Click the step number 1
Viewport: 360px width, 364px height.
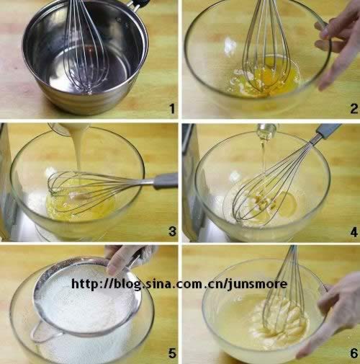tap(172, 109)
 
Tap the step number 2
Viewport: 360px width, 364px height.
tap(354, 109)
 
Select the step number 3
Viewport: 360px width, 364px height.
tap(172, 231)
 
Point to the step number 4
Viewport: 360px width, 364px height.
tap(354, 232)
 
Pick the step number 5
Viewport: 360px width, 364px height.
tap(172, 353)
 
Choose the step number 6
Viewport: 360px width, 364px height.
tap(354, 353)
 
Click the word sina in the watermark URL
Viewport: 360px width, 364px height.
tap(158, 284)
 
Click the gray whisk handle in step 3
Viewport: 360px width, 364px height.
tap(166, 180)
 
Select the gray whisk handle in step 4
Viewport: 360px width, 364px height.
tap(328, 131)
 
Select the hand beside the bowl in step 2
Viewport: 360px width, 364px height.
tap(339, 42)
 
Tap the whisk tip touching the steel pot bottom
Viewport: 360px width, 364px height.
tap(89, 92)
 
